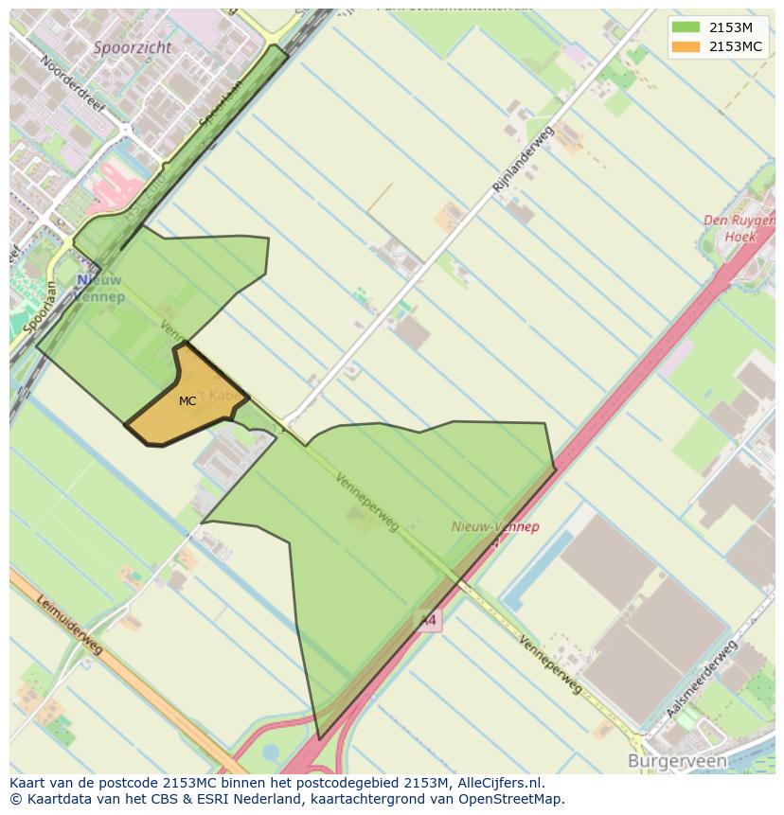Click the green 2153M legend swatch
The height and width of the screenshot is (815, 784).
(686, 27)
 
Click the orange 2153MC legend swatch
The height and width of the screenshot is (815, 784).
(686, 46)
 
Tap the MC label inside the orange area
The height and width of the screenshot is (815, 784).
(187, 401)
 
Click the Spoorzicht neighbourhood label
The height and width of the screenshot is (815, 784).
(133, 46)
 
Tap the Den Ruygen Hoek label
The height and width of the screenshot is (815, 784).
(739, 228)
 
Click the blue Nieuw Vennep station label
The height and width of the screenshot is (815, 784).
(99, 289)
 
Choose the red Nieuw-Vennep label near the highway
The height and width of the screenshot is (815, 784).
(495, 527)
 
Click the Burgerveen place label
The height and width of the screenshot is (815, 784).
(677, 761)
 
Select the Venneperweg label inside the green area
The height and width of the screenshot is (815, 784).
(366, 501)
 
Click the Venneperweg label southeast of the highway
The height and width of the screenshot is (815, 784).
(550, 664)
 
